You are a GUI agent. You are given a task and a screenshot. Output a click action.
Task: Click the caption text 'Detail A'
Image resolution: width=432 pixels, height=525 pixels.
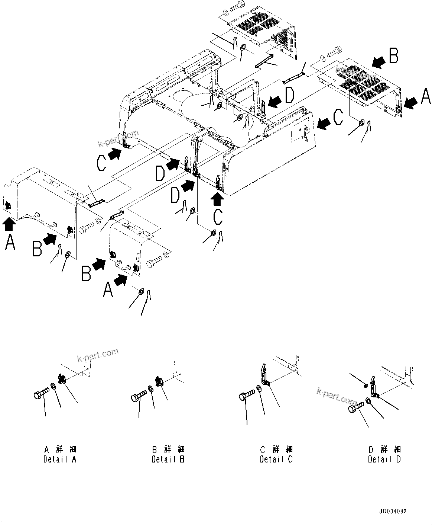[x=60, y=459]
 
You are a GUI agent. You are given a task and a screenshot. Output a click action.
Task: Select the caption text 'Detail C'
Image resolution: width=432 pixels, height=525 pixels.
[x=276, y=459]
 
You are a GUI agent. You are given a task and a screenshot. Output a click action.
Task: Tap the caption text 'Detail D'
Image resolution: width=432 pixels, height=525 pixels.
[x=384, y=459]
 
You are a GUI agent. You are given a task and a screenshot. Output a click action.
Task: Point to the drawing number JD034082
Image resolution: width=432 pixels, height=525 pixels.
[x=393, y=511]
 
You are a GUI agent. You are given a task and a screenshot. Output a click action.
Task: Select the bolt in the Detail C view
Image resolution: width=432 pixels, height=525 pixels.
[x=247, y=395]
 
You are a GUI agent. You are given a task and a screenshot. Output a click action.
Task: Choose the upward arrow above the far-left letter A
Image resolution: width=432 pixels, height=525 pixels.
[x=9, y=223]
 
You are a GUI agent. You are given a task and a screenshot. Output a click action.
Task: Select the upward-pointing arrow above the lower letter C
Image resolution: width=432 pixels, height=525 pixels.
[x=218, y=200]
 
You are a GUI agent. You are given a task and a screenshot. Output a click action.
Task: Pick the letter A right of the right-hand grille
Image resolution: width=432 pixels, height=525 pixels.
[x=425, y=96]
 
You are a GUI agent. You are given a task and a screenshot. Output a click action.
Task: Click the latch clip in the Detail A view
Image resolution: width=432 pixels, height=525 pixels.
[x=62, y=379]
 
